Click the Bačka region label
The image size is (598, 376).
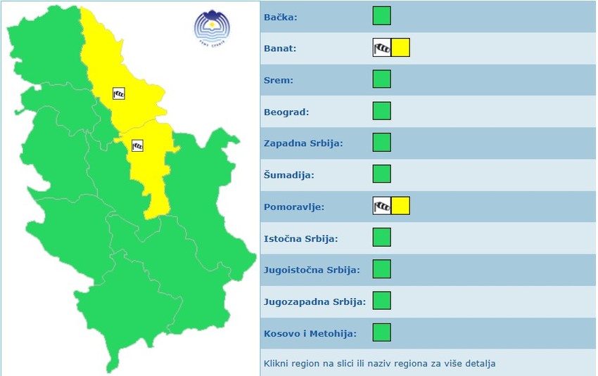coord(280,17)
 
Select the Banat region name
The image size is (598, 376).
coord(279,48)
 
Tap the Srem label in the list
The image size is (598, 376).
coord(278,80)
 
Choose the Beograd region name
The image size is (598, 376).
coord(286,112)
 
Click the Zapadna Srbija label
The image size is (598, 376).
coord(303,143)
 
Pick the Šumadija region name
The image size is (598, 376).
coord(288,175)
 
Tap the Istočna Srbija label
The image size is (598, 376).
coord(300,238)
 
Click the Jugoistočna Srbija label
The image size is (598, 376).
coord(312,270)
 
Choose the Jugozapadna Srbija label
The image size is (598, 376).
coord(314,302)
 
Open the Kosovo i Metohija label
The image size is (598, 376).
coord(310,333)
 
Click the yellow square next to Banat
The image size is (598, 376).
coord(400,48)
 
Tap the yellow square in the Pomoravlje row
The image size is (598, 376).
coord(400,206)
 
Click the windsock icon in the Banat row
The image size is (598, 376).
coord(381,48)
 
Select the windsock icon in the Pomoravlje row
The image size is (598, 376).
coord(381,206)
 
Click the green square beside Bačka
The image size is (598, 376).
coord(381,15)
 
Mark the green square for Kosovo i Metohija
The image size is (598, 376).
coord(381,332)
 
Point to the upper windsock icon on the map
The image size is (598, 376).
coord(119,93)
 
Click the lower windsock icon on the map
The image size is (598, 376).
coord(138,145)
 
